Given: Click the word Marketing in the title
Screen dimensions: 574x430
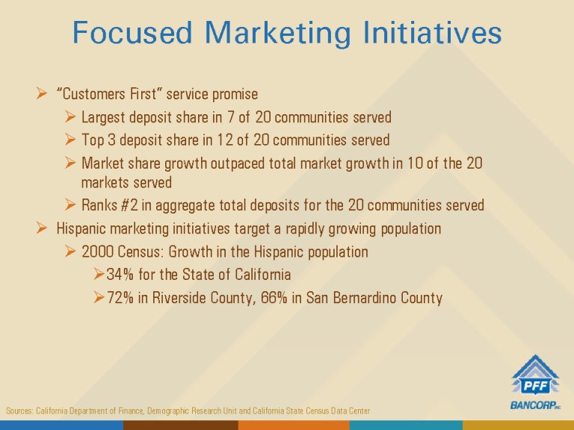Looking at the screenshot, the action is [x=278, y=33].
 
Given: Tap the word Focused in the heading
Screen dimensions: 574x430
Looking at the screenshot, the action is [x=132, y=32].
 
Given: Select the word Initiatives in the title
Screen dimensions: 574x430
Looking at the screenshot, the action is [x=432, y=32].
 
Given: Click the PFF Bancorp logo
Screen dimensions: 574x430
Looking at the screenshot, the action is [x=535, y=382].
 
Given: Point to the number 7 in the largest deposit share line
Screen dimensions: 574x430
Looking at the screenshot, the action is [x=231, y=117].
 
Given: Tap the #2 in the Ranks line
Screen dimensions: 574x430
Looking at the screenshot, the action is [x=129, y=205].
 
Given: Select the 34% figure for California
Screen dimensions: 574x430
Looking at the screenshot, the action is [x=120, y=275].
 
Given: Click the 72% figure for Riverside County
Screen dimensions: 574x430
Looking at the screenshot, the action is [x=120, y=298].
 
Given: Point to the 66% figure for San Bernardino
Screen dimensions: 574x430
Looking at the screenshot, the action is [x=274, y=298].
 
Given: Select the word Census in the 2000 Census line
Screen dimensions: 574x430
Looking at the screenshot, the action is [x=141, y=252].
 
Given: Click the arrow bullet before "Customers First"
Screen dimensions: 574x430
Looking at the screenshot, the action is [x=42, y=93].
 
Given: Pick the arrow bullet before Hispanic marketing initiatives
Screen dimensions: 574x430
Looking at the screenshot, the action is [x=42, y=228].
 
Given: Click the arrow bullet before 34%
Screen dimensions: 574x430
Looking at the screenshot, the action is [x=99, y=274].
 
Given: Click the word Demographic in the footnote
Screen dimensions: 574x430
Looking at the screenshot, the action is [x=167, y=411].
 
